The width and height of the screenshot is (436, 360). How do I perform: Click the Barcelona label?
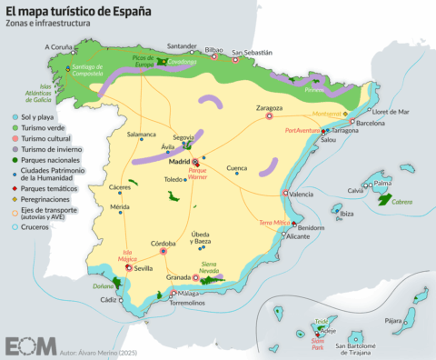point(371,122)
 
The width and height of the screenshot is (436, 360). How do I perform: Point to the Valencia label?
point(300,195)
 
